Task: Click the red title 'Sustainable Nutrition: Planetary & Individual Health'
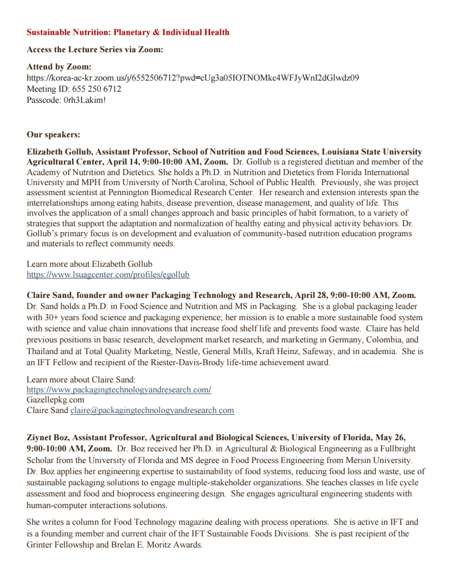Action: click(x=128, y=32)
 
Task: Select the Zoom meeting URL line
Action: click(x=193, y=78)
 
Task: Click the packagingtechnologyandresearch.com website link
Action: click(x=119, y=390)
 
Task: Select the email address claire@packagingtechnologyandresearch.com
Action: click(x=152, y=411)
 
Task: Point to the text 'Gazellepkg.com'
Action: click(x=56, y=400)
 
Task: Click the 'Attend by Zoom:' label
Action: click(x=59, y=67)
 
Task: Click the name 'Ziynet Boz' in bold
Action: click(x=48, y=437)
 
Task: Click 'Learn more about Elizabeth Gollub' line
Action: click(x=89, y=263)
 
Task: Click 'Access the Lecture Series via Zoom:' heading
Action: click(x=95, y=49)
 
